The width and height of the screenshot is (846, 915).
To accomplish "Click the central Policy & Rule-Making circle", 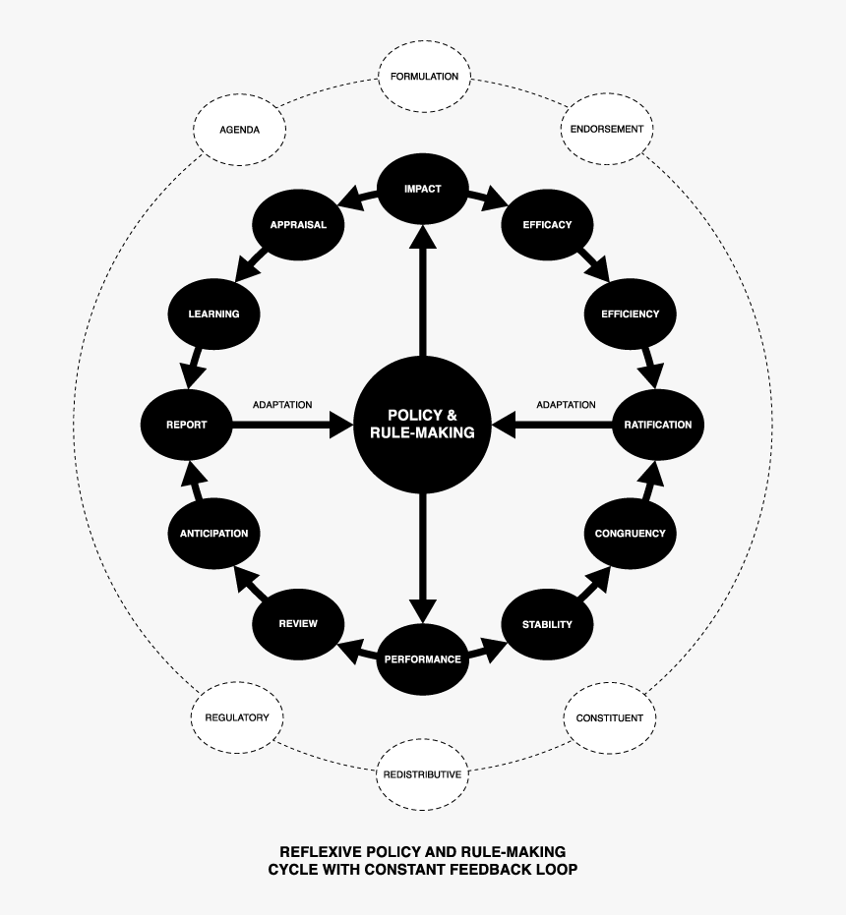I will [x=422, y=424].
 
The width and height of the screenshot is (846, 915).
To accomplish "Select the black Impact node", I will [x=422, y=189].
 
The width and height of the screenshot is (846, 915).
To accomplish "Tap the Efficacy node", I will [x=547, y=224].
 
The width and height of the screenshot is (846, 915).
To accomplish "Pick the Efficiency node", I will [x=630, y=315].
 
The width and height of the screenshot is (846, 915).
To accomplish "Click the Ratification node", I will [x=657, y=425].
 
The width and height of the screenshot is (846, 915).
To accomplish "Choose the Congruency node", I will [x=630, y=534].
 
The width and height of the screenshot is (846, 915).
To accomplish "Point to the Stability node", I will [x=547, y=624].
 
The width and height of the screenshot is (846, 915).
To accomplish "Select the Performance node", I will [x=422, y=659].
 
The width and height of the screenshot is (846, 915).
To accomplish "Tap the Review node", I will [x=298, y=624].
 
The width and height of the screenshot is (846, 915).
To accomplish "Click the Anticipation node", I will [x=213, y=534].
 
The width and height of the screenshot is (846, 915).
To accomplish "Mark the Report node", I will [x=187, y=425].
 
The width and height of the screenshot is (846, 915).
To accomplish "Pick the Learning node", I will [x=213, y=315].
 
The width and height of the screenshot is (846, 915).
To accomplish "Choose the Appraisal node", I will [x=298, y=224].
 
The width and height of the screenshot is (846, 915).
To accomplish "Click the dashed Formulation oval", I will [x=424, y=77].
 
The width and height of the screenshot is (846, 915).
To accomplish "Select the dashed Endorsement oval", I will [x=607, y=129].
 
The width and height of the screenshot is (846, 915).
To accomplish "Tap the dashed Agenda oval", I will [x=239, y=129].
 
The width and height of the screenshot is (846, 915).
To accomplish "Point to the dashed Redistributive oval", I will [x=421, y=774].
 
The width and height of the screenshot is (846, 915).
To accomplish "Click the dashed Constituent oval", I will [x=609, y=717].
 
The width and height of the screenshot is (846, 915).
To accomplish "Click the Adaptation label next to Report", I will [x=282, y=405].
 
